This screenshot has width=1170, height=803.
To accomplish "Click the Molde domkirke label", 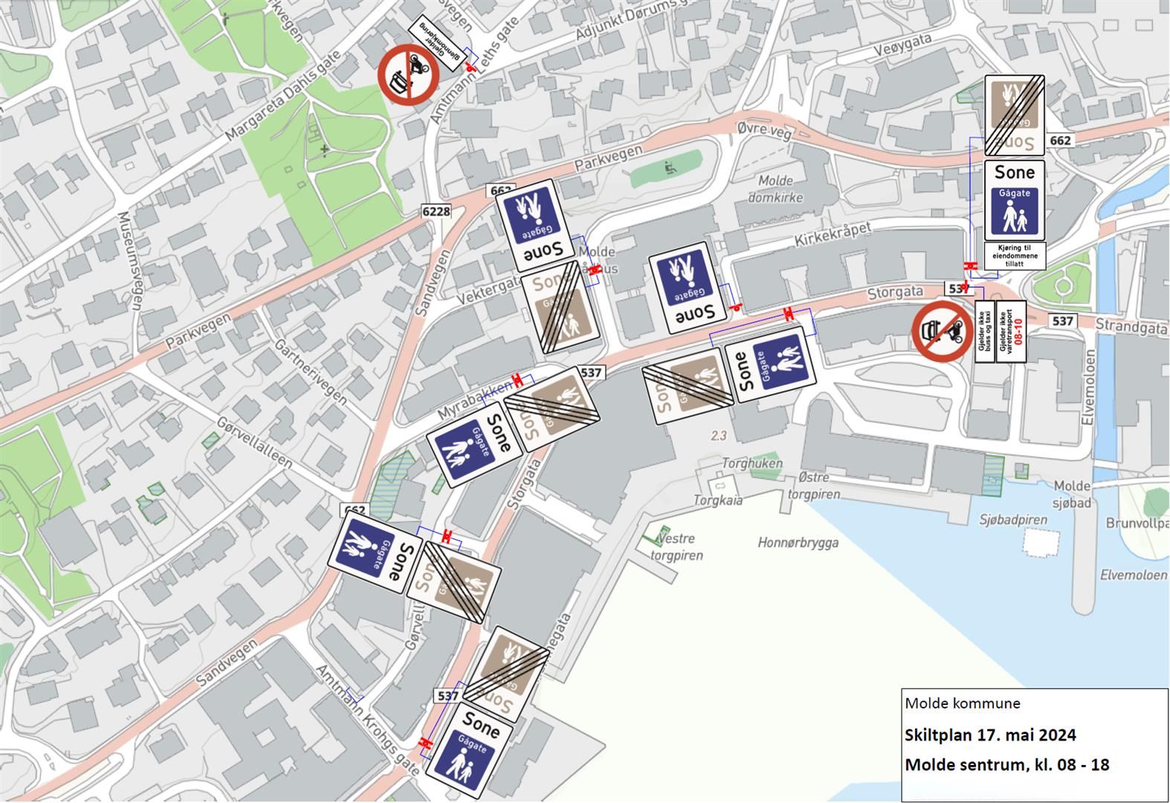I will [x=775, y=190].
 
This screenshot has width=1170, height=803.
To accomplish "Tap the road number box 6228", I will [x=436, y=212].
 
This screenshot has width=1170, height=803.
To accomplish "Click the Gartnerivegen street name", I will [x=310, y=372].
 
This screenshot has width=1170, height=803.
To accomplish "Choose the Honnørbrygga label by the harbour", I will [x=798, y=543].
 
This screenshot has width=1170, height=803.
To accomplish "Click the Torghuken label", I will [x=752, y=463].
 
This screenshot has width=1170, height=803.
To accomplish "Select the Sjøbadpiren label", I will [x=1013, y=520].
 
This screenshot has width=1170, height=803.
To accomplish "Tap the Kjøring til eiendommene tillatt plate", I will [x=1015, y=256].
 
